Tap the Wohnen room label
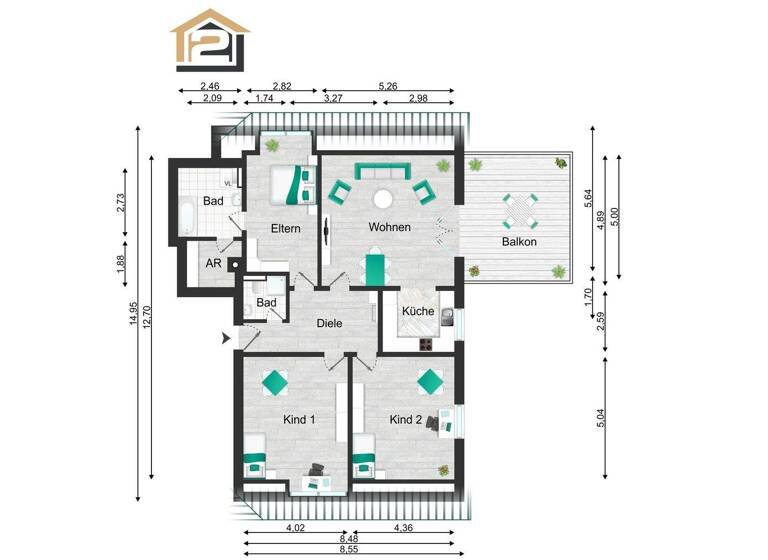click(x=389, y=227)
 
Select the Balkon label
click(x=519, y=242)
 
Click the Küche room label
click(x=418, y=312)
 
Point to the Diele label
click(x=330, y=323)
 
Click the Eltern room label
click(x=286, y=229)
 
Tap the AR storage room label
click(x=213, y=264)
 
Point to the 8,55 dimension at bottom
click(x=348, y=550)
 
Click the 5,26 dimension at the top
click(x=387, y=87)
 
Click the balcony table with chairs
click(x=520, y=210)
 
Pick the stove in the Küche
click(x=424, y=345)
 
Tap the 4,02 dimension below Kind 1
click(x=295, y=528)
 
